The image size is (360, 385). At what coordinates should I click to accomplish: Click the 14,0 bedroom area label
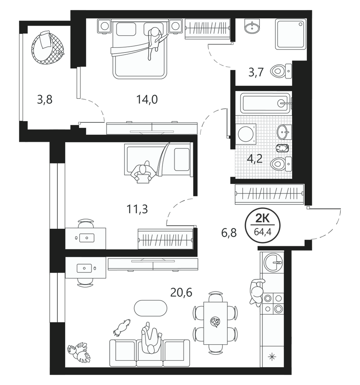(147, 100)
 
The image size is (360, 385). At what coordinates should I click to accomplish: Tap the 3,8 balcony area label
(45, 100)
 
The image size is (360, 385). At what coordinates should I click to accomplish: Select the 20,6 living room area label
(181, 293)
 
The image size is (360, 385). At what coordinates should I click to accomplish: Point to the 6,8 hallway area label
(229, 233)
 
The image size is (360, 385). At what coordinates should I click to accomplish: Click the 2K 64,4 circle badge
(263, 225)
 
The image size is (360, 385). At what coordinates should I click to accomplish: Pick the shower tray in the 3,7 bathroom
(290, 34)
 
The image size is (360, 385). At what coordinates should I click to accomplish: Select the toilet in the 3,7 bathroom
(281, 71)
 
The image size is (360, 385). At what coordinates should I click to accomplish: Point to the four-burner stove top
(273, 303)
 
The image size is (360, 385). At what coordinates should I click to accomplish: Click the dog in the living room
(122, 327)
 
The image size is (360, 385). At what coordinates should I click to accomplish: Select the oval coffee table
(150, 308)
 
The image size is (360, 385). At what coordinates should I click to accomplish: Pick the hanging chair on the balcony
(47, 47)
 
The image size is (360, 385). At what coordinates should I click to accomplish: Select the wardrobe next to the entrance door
(269, 194)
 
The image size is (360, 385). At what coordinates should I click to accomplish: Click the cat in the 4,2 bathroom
(282, 148)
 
